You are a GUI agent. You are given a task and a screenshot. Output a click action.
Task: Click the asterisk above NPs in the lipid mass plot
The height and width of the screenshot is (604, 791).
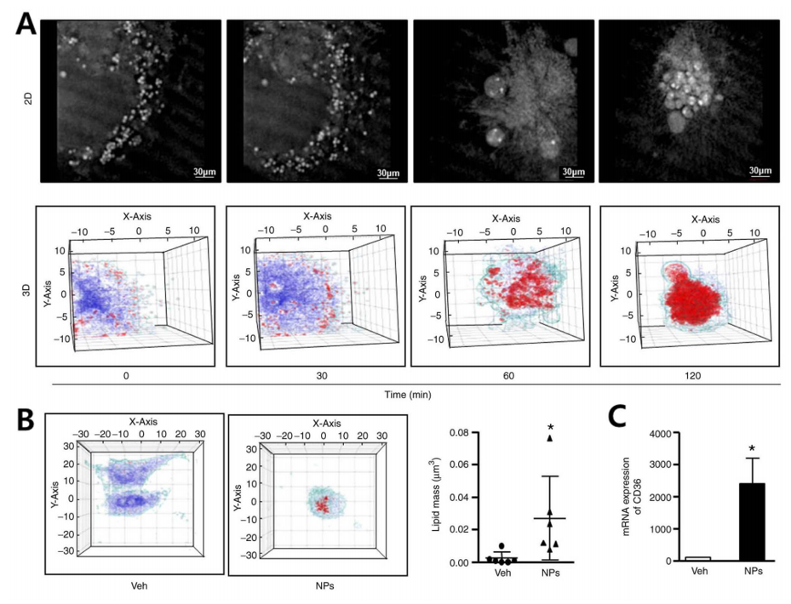pos(550,427)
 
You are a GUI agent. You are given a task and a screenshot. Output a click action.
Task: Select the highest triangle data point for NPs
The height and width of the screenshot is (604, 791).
pos(550,439)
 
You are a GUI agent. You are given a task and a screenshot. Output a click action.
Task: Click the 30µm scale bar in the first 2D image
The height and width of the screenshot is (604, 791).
pos(202,174)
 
